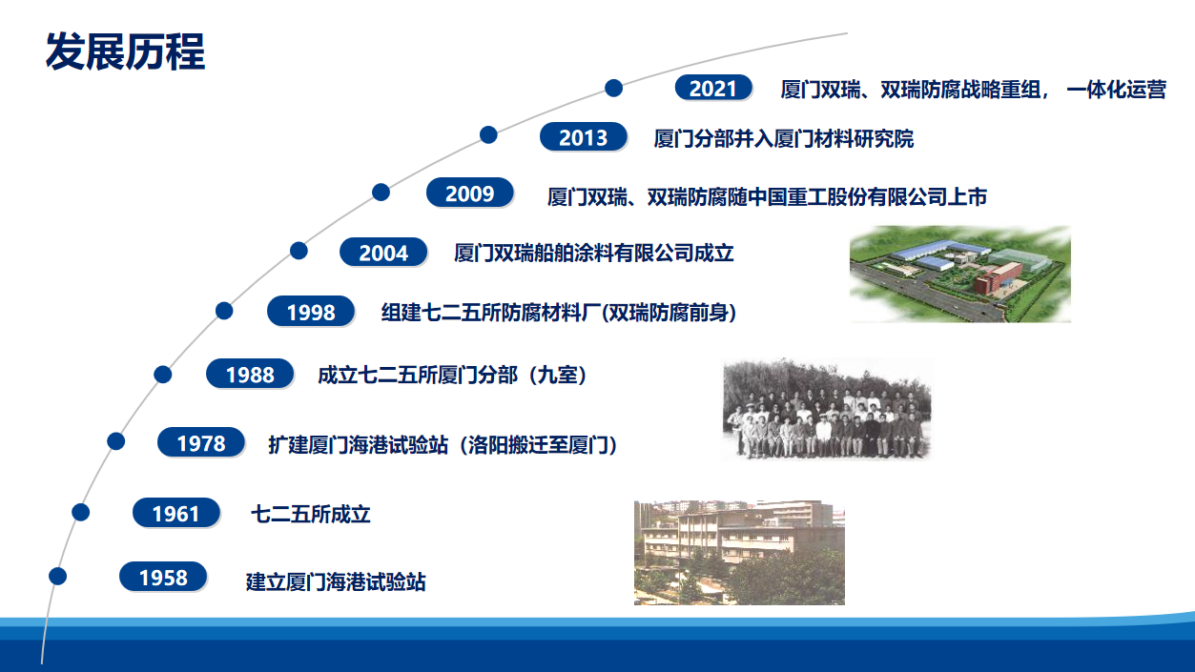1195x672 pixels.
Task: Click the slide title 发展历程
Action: click(x=125, y=51)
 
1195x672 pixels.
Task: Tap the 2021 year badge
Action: click(x=713, y=88)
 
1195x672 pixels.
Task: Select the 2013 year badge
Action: click(x=583, y=137)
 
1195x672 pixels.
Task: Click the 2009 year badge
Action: click(x=469, y=193)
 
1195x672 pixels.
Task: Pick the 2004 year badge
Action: click(x=383, y=253)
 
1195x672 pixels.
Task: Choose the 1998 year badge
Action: click(x=310, y=312)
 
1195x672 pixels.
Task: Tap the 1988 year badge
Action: click(x=250, y=375)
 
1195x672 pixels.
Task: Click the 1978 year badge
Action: click(x=200, y=443)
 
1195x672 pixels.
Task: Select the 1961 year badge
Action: click(x=175, y=514)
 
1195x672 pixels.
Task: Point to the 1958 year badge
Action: click(x=163, y=578)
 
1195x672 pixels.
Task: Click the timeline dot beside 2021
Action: click(x=614, y=88)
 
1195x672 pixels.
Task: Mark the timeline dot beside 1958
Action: click(x=58, y=576)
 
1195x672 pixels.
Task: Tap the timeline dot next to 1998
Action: click(x=224, y=310)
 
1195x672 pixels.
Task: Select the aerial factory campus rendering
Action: click(x=959, y=275)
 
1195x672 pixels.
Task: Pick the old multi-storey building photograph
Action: click(x=739, y=553)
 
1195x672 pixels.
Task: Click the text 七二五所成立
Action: click(x=310, y=515)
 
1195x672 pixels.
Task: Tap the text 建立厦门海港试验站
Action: click(x=336, y=580)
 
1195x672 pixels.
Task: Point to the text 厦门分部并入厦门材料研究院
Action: click(x=783, y=138)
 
